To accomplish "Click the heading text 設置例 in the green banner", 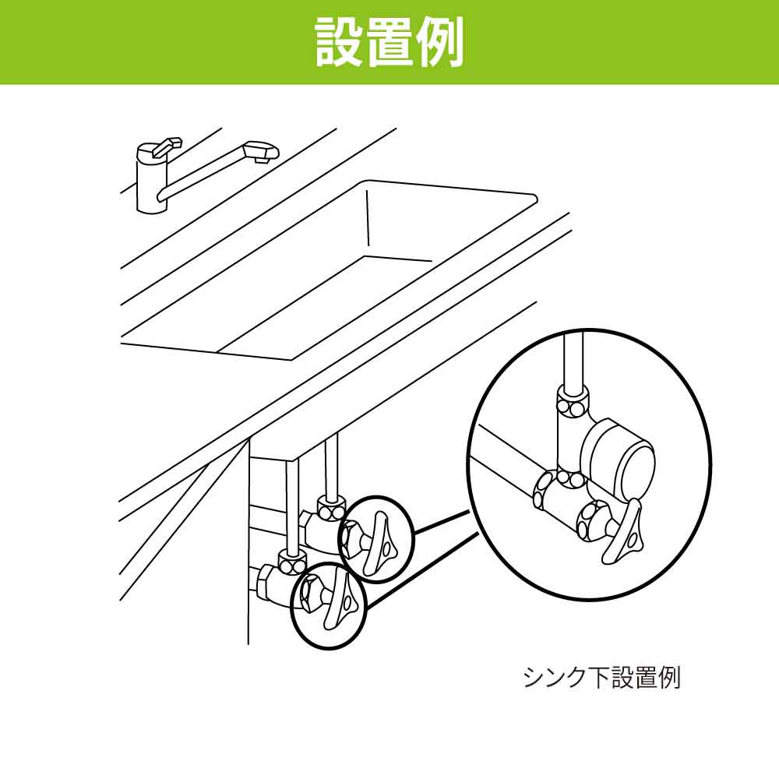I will point(389,42).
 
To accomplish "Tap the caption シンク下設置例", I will point(601,677).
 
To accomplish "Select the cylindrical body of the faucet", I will point(149,187).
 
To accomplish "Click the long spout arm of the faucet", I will point(206,173).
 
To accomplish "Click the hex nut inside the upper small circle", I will point(352,537).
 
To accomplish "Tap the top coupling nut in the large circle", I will point(572,405).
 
